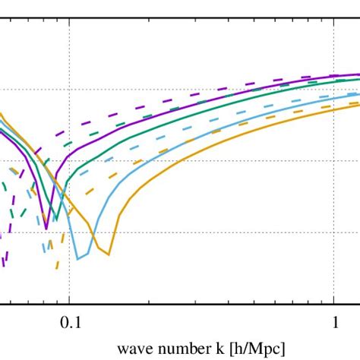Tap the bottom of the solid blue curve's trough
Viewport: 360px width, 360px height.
pyautogui.click(x=76, y=259)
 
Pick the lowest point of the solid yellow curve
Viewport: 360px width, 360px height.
pyautogui.click(x=109, y=254)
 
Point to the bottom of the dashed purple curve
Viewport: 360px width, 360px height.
pyautogui.click(x=5, y=264)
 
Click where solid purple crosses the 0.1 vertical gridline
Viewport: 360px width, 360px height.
pyautogui.click(x=69, y=157)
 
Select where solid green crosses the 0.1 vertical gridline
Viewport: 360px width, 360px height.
pyautogui.click(x=69, y=179)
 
